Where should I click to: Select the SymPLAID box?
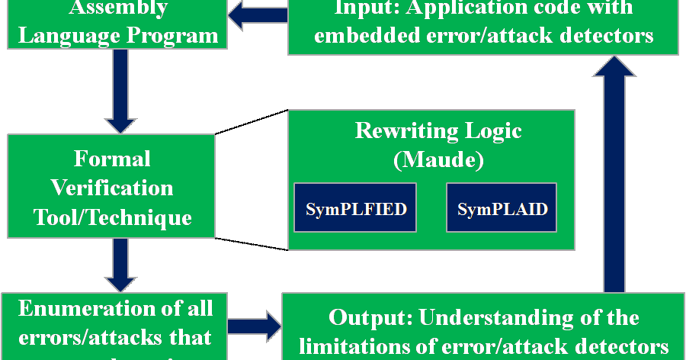[501, 208]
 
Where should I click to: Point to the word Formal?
[112, 159]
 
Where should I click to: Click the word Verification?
[112, 188]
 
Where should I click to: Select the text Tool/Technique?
[112, 217]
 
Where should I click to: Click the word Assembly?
[117, 9]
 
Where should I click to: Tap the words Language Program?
[117, 35]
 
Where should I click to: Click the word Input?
[363, 9]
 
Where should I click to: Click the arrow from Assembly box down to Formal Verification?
[118, 89]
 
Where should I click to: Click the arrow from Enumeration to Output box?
[254, 326]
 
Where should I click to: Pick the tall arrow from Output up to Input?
[614, 175]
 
